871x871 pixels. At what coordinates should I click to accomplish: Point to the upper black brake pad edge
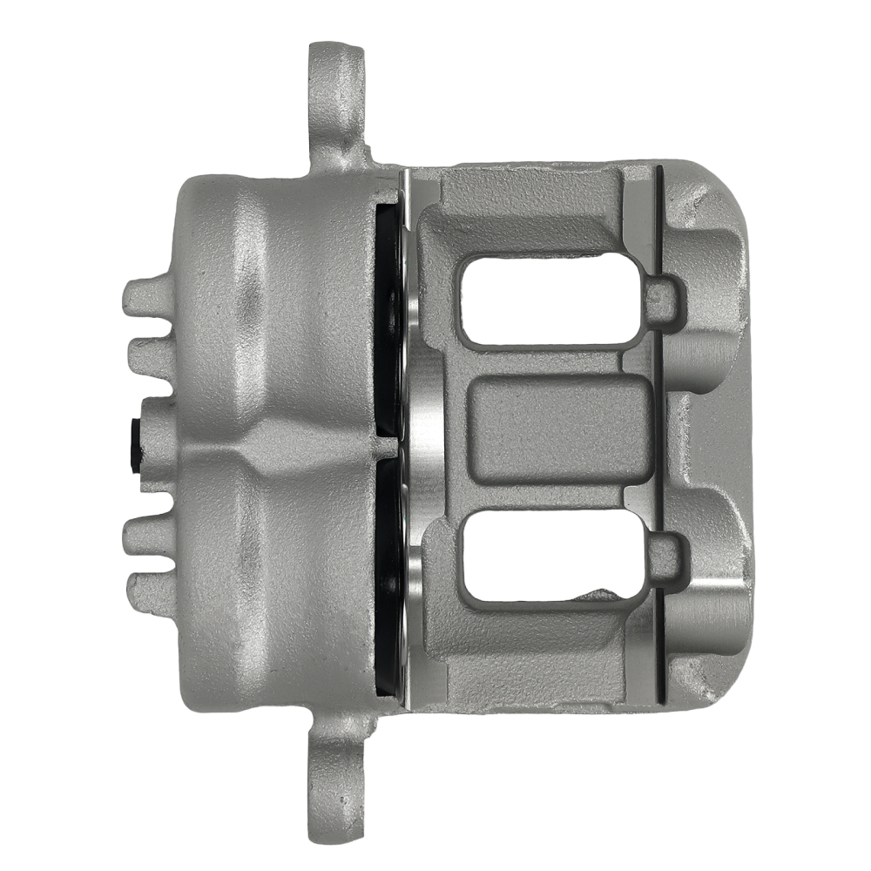[x=388, y=314]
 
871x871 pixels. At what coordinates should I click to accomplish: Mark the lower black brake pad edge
[x=388, y=566]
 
